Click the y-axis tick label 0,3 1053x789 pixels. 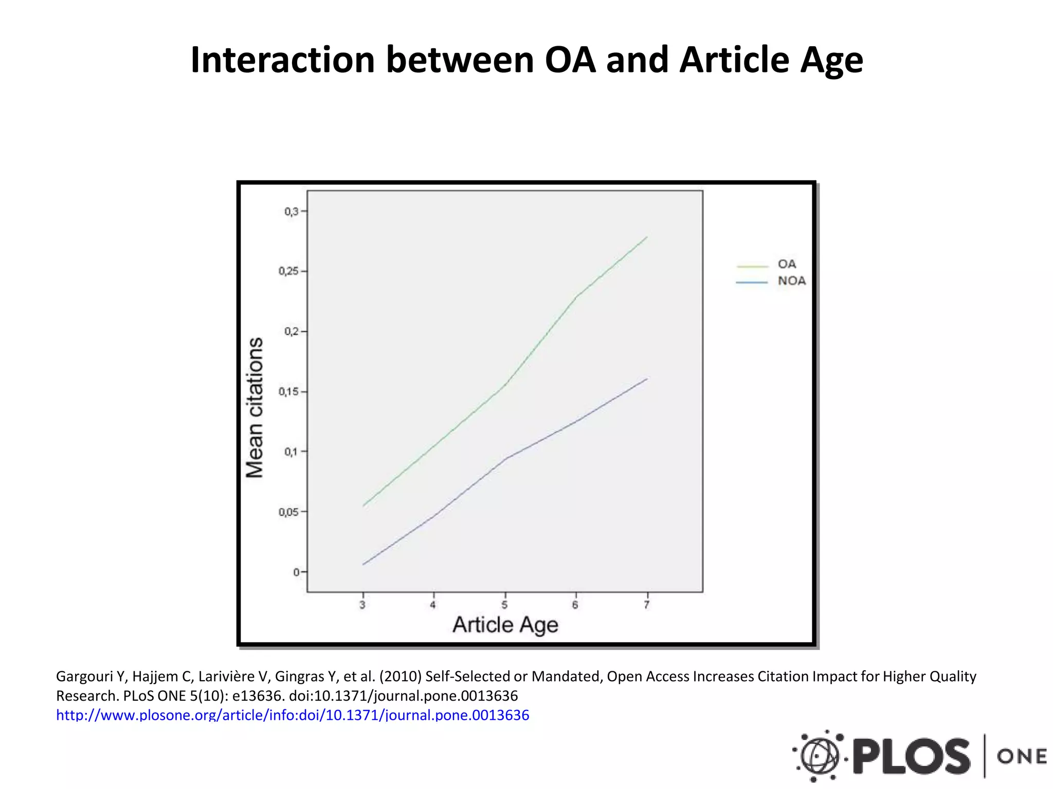pyautogui.click(x=291, y=211)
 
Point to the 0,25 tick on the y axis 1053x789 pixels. pyautogui.click(x=288, y=271)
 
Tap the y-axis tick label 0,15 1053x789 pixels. pyautogui.click(x=288, y=392)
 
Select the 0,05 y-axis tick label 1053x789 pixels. pyautogui.click(x=288, y=512)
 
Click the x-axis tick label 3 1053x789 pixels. pyautogui.click(x=362, y=605)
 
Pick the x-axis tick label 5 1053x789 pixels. pyautogui.click(x=504, y=605)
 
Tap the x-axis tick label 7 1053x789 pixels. pyautogui.click(x=646, y=605)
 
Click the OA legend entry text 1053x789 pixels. pyautogui.click(x=787, y=264)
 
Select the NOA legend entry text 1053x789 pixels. pyautogui.click(x=792, y=281)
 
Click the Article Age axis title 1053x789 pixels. pyautogui.click(x=505, y=625)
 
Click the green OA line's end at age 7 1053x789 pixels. pyautogui.click(x=646, y=237)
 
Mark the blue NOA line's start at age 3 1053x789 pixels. pyautogui.click(x=364, y=565)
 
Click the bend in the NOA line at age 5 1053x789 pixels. pyautogui.click(x=506, y=458)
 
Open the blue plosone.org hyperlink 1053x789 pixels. pyautogui.click(x=292, y=715)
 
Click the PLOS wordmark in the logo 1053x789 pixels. pyautogui.click(x=911, y=756)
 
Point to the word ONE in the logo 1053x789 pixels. pyautogui.click(x=1022, y=756)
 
